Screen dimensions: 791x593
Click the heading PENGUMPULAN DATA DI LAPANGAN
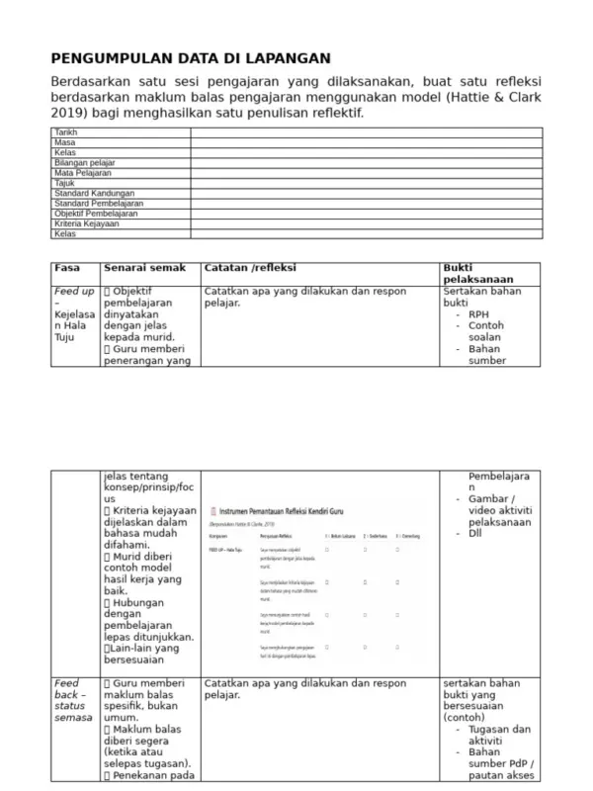(x=191, y=58)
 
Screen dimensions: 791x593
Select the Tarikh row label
(x=65, y=132)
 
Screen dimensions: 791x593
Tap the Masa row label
(x=64, y=142)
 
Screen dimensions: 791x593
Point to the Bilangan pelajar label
(x=84, y=162)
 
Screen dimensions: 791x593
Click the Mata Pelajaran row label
(x=82, y=172)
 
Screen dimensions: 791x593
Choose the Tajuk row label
(x=64, y=183)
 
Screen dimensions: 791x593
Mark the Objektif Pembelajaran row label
(x=96, y=214)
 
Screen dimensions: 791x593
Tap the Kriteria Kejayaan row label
(x=87, y=223)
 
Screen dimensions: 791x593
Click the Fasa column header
(x=67, y=268)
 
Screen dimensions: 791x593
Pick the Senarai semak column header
(x=144, y=268)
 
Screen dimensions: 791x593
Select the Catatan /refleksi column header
(x=250, y=268)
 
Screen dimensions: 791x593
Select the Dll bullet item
(x=476, y=534)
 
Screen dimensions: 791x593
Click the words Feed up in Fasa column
(x=74, y=292)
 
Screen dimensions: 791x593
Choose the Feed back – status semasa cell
(x=71, y=700)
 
